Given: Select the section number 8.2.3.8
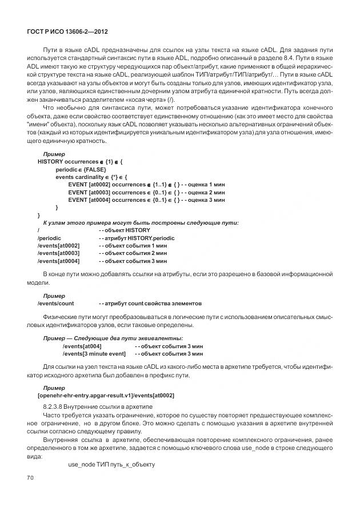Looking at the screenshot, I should pos(54,406).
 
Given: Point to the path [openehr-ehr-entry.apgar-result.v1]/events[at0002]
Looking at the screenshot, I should pos(106,395).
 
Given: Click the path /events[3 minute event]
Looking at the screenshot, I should pos(93,354).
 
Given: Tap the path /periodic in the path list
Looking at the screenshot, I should pos(50,237).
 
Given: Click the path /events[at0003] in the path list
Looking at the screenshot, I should pos(58,253).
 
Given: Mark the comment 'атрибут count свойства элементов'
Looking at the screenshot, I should pos(150,303).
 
